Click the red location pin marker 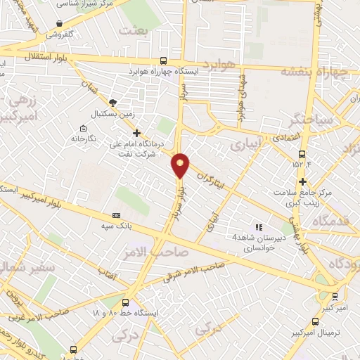point(181,165)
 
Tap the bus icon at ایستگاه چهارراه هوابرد point(164,61)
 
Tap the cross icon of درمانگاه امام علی point(137,132)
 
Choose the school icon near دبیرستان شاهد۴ point(259,227)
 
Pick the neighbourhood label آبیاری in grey point(246,145)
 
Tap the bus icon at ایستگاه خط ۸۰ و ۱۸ point(126,302)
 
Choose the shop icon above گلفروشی point(59,24)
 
